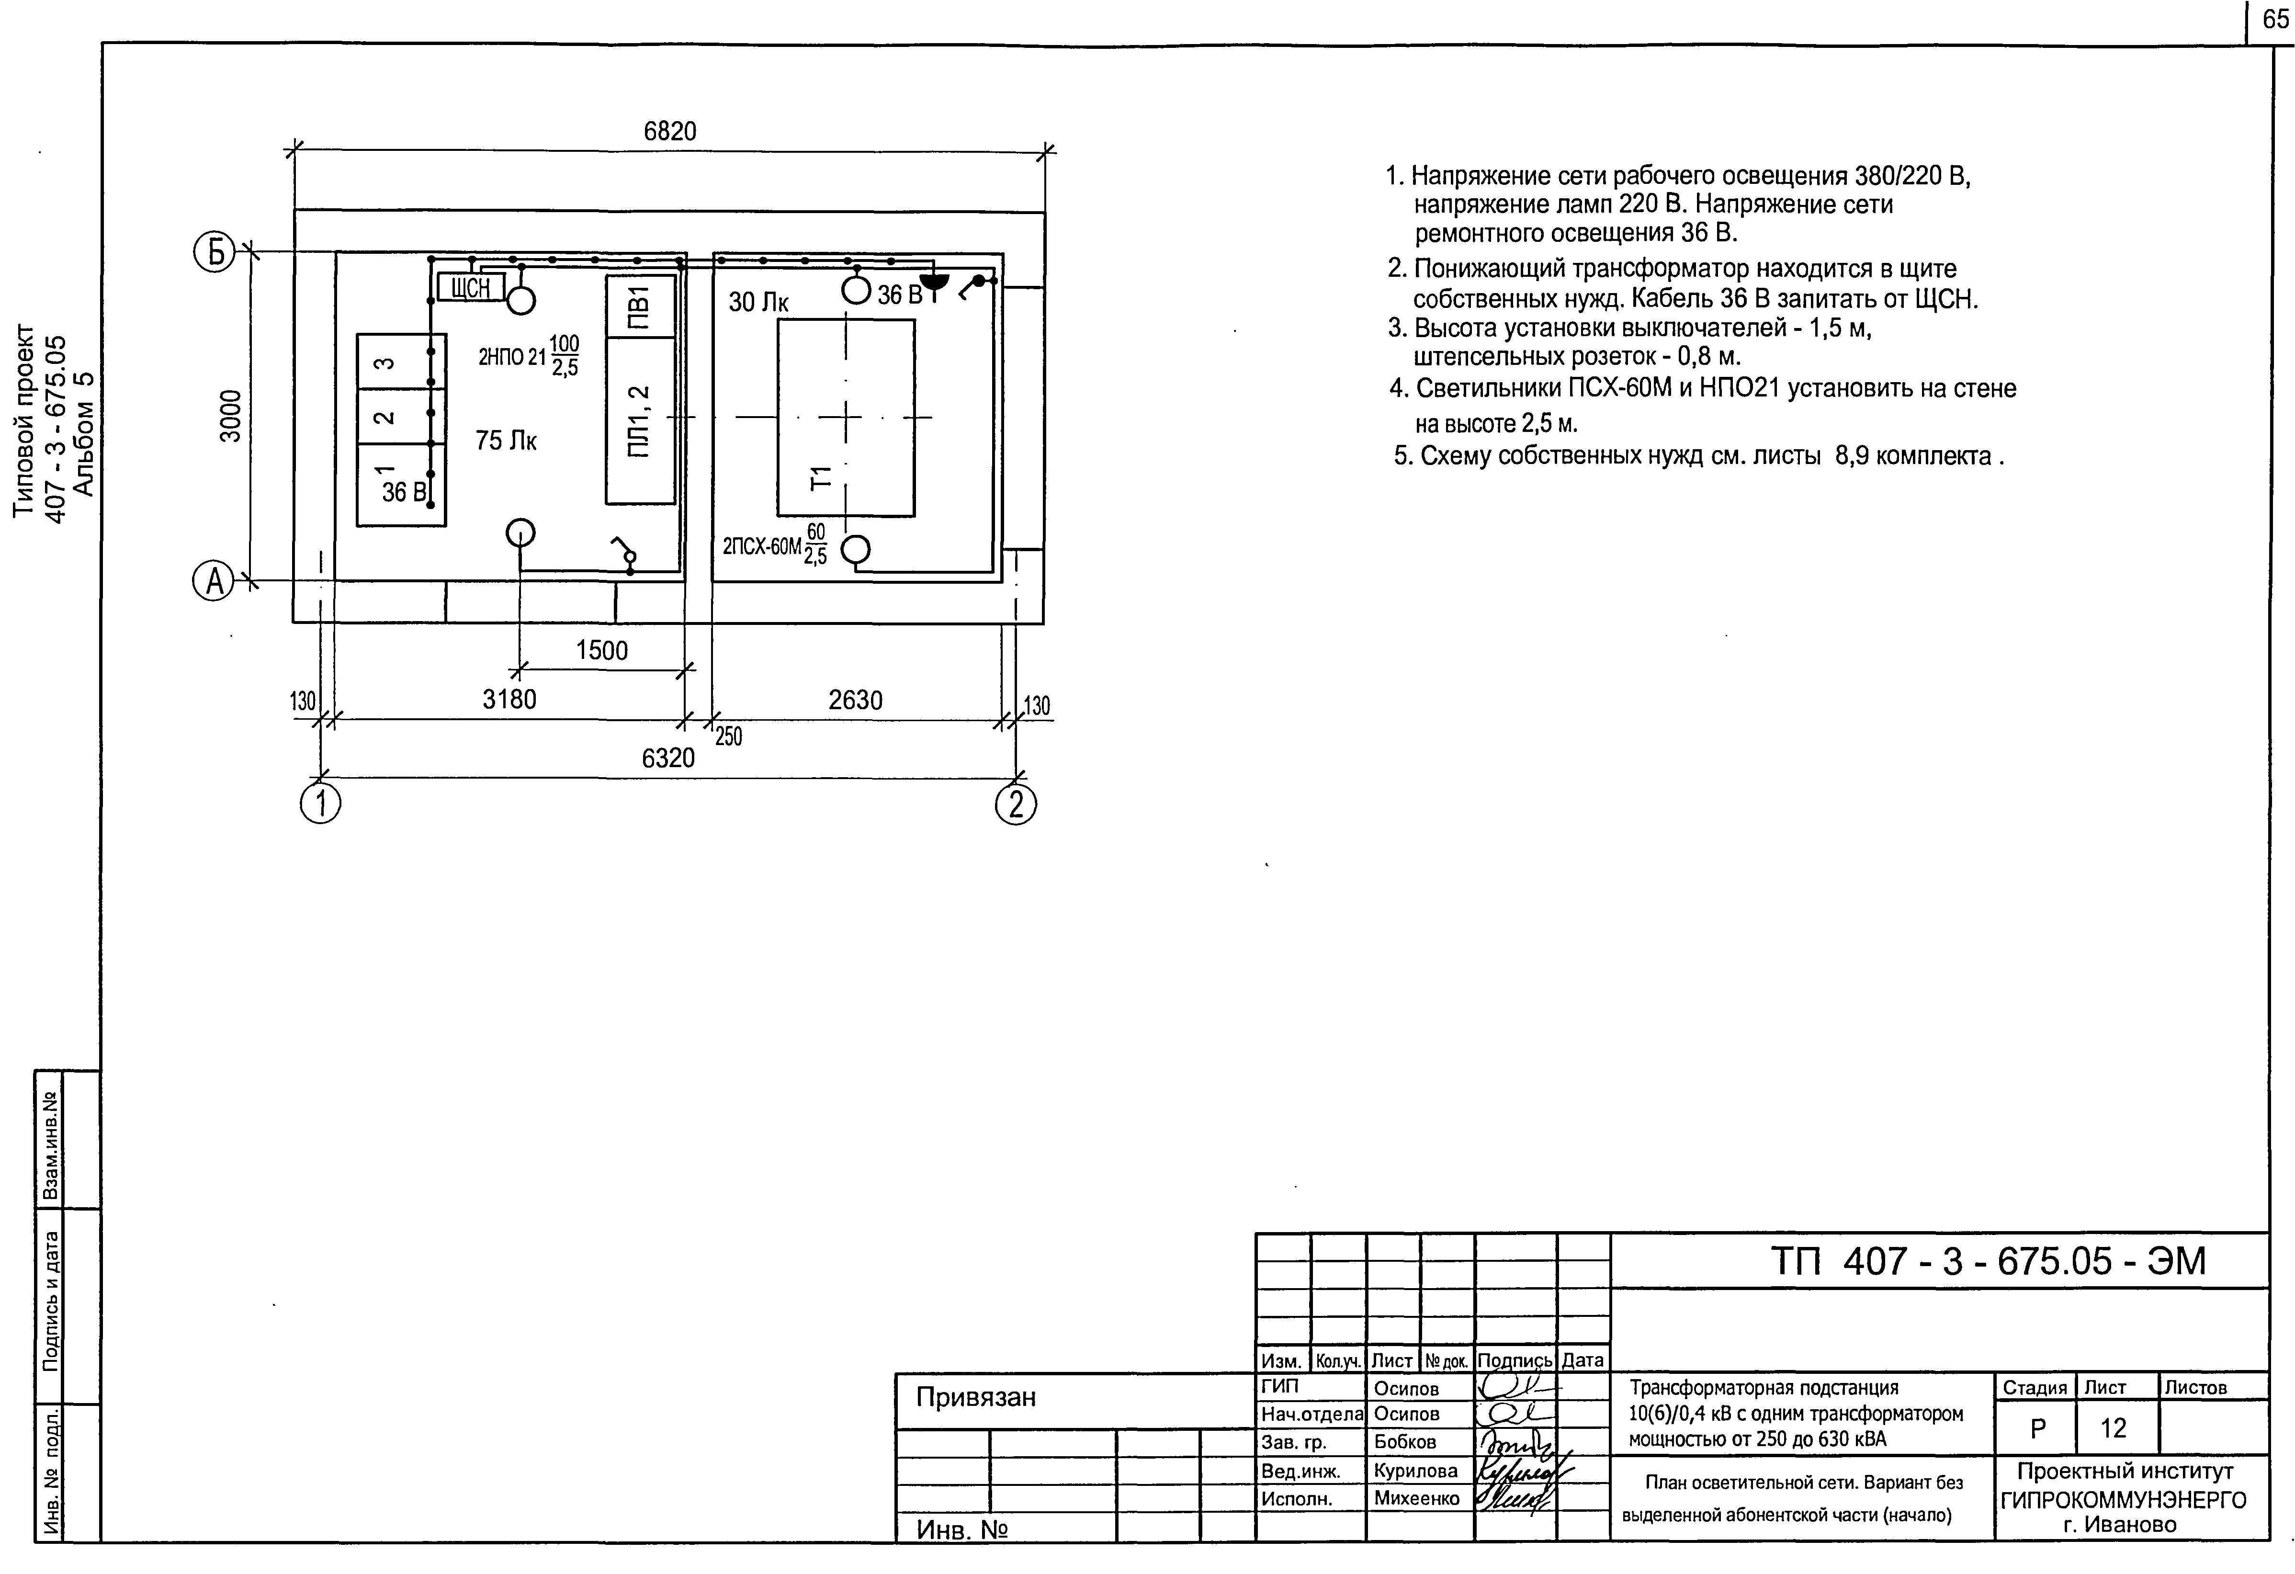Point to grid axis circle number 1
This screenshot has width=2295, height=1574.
click(x=320, y=805)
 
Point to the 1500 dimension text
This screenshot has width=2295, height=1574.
click(x=601, y=651)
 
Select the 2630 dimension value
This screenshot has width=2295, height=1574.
click(x=855, y=700)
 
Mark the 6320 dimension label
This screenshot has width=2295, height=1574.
click(x=668, y=759)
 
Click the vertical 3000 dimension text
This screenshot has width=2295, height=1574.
click(x=230, y=417)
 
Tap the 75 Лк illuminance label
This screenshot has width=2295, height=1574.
click(x=506, y=441)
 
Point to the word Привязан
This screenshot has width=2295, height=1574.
click(x=976, y=1397)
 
